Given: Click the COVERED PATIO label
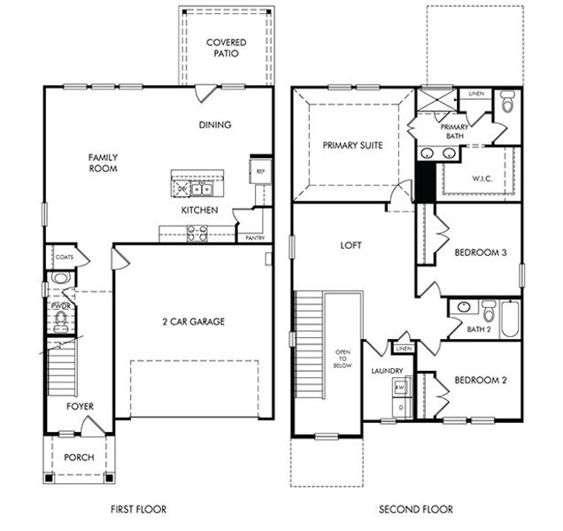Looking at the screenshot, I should [x=227, y=48].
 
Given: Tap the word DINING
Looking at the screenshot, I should [x=214, y=125].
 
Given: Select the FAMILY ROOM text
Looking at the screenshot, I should [x=103, y=163].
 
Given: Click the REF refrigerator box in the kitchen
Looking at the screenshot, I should [x=260, y=172].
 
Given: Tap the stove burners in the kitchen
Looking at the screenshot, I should [x=196, y=234].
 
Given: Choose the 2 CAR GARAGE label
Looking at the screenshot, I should [x=194, y=321].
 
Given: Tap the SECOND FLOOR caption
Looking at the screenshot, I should [x=415, y=509].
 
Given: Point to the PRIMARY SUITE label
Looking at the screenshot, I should [x=352, y=145].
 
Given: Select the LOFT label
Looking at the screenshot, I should [x=351, y=246].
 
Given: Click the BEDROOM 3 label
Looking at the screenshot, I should [x=480, y=252].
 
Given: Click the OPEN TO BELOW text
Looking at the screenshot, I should [x=343, y=357].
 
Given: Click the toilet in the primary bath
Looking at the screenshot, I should [x=506, y=104].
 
